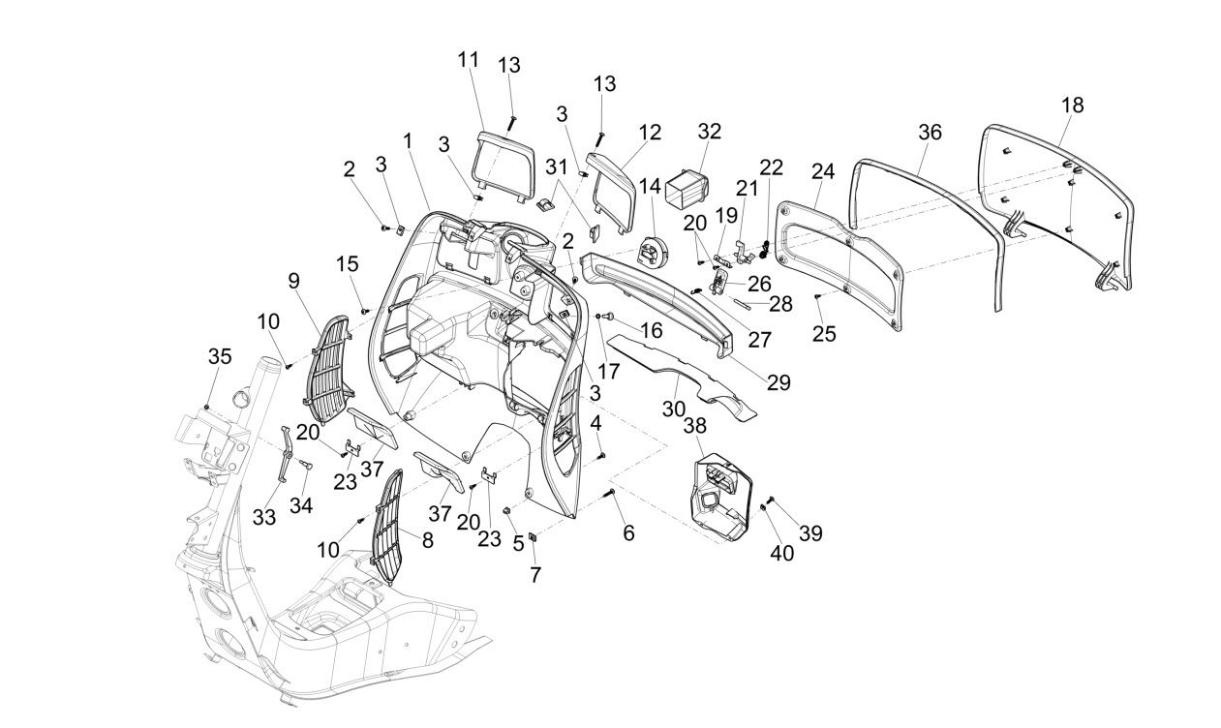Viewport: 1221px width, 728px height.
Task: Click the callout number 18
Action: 1071,106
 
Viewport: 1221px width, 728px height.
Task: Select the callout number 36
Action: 929,133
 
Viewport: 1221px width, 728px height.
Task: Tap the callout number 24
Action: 822,171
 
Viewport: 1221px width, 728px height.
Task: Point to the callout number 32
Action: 709,132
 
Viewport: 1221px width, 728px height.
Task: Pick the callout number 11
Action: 469,59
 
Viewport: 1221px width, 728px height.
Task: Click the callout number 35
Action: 220,356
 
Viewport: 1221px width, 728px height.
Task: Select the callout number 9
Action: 293,282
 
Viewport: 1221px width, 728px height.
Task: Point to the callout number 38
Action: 694,425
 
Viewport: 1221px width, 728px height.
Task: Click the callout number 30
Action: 674,409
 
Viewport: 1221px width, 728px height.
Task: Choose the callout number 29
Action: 778,383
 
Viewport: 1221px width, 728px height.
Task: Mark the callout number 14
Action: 650,184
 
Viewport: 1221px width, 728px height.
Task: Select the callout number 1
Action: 408,140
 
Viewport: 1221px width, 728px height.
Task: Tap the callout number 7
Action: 534,574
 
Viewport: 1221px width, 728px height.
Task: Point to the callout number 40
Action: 781,553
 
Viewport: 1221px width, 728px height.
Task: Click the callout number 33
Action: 264,517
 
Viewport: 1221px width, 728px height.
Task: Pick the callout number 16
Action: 651,330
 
